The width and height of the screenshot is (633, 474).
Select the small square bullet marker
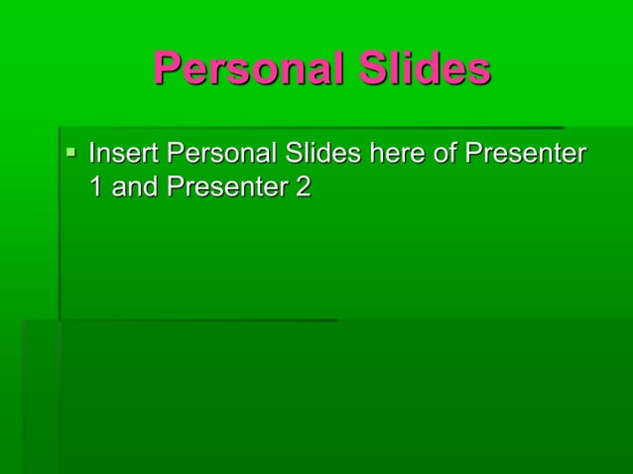coord(70,153)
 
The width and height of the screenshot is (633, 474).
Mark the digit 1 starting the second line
coord(96,186)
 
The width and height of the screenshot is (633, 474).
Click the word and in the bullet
coord(134,186)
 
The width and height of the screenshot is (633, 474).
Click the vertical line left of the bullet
coord(60,223)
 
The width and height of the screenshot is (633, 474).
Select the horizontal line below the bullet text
coord(198,319)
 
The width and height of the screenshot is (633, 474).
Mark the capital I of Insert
coord(92,154)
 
